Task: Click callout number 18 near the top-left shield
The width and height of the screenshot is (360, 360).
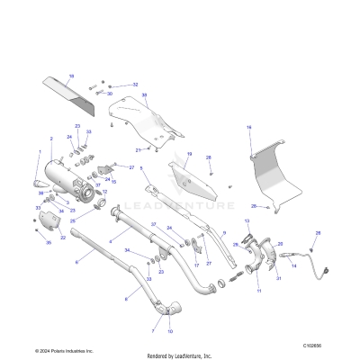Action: [x=71, y=75]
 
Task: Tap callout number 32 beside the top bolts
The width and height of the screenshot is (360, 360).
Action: [x=135, y=84]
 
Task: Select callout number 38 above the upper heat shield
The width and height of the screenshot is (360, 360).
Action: [x=144, y=94]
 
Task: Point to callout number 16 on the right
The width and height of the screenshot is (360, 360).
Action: [x=249, y=128]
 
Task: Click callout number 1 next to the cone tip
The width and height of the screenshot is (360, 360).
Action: [x=39, y=150]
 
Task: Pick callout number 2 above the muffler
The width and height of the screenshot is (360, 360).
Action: [x=52, y=139]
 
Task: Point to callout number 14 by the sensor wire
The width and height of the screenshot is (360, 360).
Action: [x=293, y=267]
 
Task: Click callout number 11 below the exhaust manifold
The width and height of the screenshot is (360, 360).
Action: [x=258, y=291]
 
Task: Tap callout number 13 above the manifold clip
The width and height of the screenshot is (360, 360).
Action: [x=247, y=220]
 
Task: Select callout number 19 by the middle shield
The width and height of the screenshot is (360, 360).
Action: [x=189, y=154]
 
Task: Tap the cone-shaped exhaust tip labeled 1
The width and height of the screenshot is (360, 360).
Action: [x=42, y=185]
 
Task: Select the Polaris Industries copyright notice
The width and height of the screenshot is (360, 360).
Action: [x=63, y=349]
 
